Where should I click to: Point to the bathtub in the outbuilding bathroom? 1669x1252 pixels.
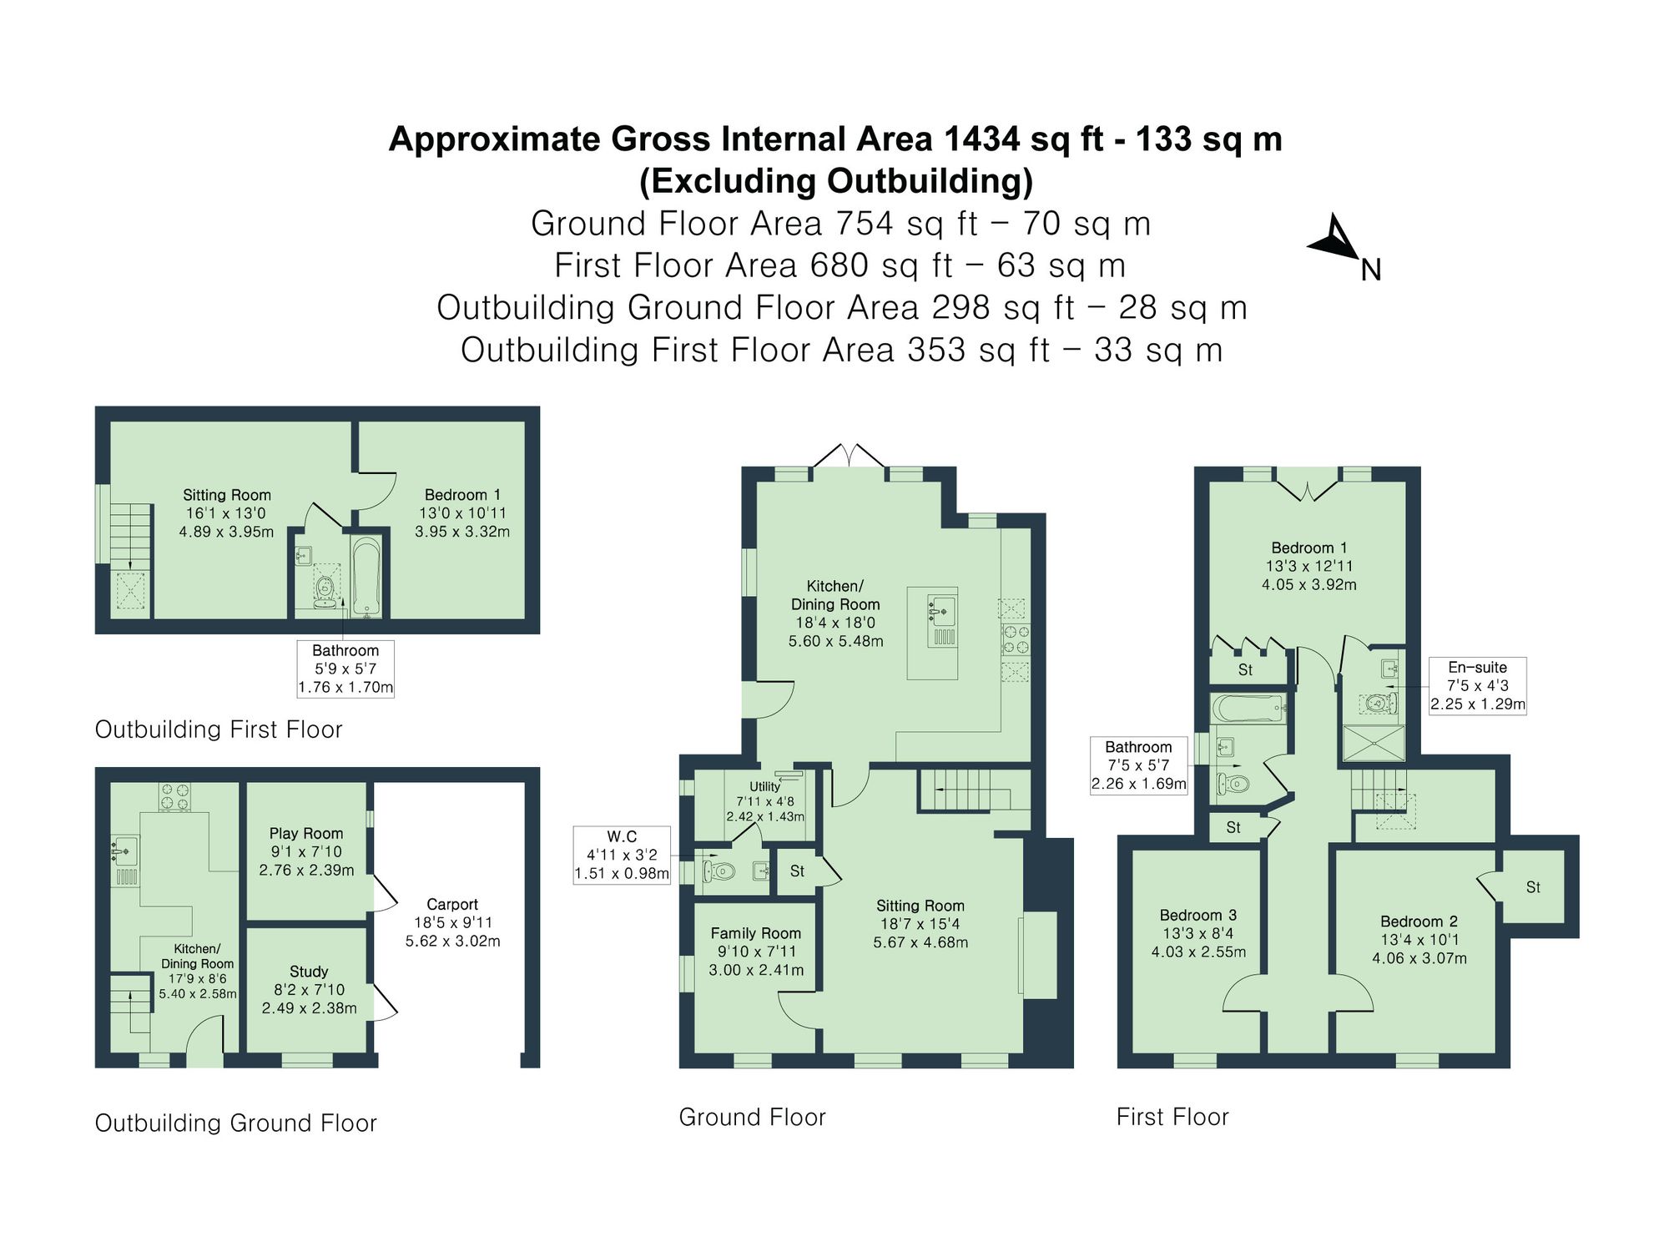tap(367, 576)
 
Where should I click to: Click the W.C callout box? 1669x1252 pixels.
tap(622, 855)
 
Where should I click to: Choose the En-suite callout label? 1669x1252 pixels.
tap(1477, 685)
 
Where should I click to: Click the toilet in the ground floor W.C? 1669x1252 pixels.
tap(719, 872)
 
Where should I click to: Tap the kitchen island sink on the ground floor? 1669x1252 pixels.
tap(941, 609)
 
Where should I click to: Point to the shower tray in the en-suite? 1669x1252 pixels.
tap(1373, 744)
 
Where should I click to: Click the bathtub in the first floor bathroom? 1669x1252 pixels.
tap(1248, 709)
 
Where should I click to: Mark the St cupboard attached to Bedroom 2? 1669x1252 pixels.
tap(1533, 887)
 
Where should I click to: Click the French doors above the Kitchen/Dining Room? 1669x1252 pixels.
tap(849, 456)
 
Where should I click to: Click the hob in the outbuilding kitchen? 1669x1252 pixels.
tap(174, 796)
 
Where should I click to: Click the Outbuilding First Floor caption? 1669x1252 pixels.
tap(219, 729)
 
